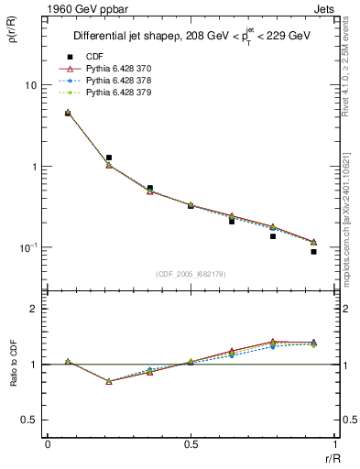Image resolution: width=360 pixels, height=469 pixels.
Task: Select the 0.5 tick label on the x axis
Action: pos(191,444)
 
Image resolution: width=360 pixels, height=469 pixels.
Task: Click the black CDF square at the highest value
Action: pos(68,113)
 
